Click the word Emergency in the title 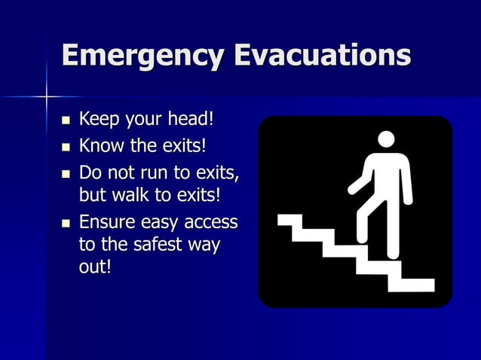coord(143,56)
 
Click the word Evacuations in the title coord(323,56)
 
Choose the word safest coord(155,246)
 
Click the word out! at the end coord(95,268)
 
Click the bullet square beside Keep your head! coord(66,121)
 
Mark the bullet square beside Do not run coord(66,172)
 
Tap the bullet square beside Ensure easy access coord(66,223)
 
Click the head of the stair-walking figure coord(386,139)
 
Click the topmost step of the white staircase coord(290,220)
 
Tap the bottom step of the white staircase coord(411,285)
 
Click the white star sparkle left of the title coord(46,96)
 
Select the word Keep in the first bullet coord(98,119)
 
